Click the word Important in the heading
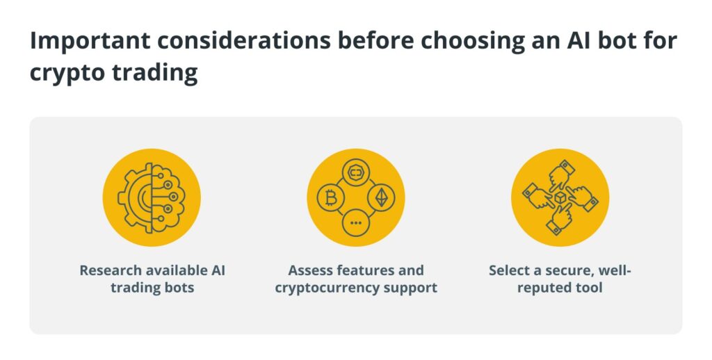click(x=90, y=41)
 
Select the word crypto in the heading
click(x=67, y=74)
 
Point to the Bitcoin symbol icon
click(x=331, y=198)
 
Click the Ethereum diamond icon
click(x=381, y=198)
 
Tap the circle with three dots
click(x=356, y=223)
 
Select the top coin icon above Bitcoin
click(x=356, y=172)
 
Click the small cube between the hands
click(x=560, y=197)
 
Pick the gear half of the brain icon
click(x=135, y=198)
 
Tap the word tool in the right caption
click(x=590, y=288)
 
